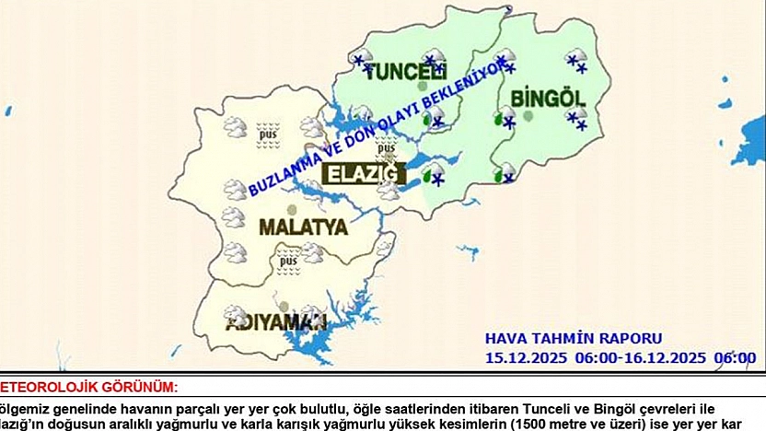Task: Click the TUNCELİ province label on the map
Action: click(x=405, y=72)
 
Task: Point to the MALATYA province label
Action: click(x=303, y=227)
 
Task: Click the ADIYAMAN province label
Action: click(x=276, y=321)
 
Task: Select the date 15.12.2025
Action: click(x=521, y=357)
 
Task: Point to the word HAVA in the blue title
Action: click(x=505, y=339)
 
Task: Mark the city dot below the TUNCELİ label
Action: click(x=422, y=87)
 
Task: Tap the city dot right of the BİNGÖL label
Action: click(x=528, y=116)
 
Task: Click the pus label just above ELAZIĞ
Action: click(x=387, y=146)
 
